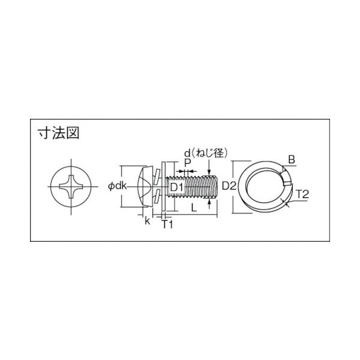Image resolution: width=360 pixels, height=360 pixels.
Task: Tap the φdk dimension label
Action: [x=118, y=187]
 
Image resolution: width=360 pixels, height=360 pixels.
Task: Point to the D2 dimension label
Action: [x=229, y=187]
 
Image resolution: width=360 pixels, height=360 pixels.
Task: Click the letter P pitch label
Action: [x=187, y=163]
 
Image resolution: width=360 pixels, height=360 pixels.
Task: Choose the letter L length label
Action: [x=194, y=207]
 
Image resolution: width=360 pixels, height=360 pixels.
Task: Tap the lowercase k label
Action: [x=147, y=221]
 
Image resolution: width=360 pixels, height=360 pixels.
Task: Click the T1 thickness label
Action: [x=168, y=225]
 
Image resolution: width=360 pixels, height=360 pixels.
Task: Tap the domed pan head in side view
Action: [x=143, y=187]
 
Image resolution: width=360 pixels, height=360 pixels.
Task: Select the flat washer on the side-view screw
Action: [x=162, y=187]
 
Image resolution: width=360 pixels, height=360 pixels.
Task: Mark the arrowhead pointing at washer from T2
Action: [x=288, y=205]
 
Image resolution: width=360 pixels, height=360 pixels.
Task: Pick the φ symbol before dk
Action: [x=112, y=187]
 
